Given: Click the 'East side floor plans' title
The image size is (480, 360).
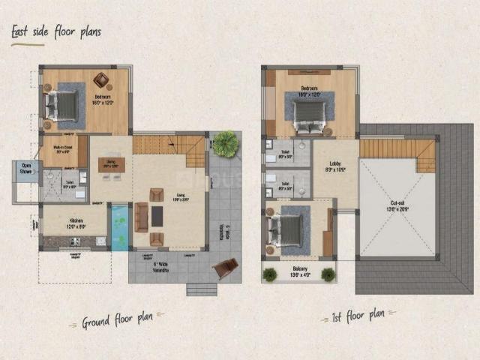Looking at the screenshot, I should [55, 32].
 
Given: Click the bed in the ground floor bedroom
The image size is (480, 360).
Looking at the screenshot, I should [64, 106].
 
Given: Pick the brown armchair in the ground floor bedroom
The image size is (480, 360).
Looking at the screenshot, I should [100, 79].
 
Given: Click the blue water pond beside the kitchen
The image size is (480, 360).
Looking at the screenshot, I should [119, 227].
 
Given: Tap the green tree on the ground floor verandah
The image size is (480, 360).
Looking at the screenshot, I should [223, 143].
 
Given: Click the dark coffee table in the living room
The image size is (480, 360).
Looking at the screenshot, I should [157, 216].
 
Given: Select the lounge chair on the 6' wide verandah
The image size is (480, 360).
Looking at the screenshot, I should [225, 268].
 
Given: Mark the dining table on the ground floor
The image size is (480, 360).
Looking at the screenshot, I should [111, 164].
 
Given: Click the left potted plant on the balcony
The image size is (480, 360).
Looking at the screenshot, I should [270, 274].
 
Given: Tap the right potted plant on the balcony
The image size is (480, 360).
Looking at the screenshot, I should [327, 274].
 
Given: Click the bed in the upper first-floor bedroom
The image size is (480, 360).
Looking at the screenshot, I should [309, 112].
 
